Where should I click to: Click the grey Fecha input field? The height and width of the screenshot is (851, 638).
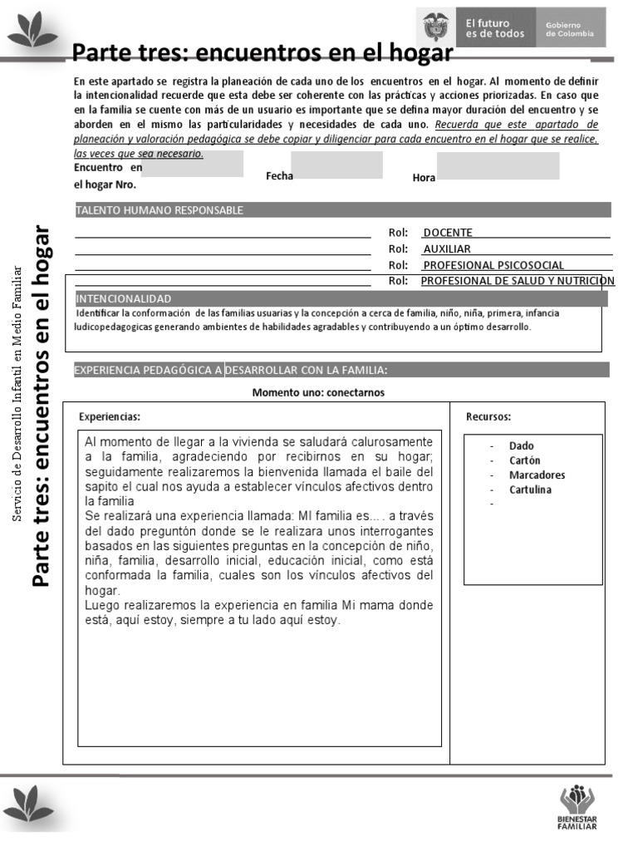click(337, 165)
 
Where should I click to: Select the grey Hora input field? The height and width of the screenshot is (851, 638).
click(498, 165)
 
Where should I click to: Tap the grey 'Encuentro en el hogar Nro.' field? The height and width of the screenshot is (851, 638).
click(193, 164)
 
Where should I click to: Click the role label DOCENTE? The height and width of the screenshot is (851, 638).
click(448, 233)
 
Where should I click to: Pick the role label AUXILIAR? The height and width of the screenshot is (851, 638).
click(447, 248)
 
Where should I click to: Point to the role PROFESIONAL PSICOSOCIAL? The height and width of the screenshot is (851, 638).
click(493, 265)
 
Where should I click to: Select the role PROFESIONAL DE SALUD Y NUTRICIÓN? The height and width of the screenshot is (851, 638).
click(518, 281)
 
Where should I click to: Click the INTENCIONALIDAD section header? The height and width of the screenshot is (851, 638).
click(124, 298)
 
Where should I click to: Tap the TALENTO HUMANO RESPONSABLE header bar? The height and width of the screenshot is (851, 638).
click(159, 210)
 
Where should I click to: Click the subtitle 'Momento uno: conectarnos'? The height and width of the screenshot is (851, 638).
click(318, 392)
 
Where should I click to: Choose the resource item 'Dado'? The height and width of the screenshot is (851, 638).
click(522, 446)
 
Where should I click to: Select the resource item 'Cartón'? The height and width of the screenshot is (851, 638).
click(524, 460)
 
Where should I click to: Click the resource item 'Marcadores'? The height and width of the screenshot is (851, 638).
click(537, 475)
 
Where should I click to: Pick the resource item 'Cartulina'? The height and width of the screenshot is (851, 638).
click(530, 489)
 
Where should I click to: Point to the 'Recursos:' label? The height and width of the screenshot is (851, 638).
click(488, 416)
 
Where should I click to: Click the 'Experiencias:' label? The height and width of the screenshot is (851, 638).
click(110, 416)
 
